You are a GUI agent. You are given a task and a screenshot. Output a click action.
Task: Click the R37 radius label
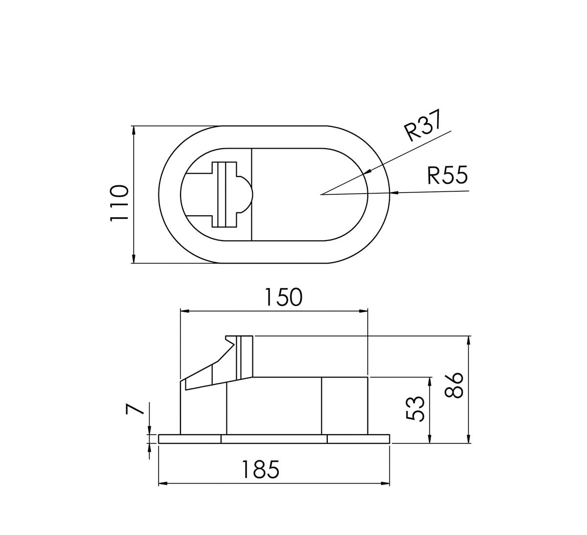(422, 125)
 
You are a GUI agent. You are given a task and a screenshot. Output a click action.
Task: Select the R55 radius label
(448, 175)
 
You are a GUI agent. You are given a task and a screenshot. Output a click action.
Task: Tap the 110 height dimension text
(119, 203)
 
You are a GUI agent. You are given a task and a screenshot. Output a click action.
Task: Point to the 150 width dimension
(283, 297)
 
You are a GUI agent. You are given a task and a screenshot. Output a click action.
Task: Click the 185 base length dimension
(260, 469)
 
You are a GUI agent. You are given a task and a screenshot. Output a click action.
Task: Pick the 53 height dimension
(415, 409)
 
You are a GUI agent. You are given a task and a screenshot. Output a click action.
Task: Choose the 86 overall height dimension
(454, 385)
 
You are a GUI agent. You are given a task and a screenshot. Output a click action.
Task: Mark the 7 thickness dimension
(135, 408)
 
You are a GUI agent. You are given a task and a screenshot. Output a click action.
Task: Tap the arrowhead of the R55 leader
(394, 193)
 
